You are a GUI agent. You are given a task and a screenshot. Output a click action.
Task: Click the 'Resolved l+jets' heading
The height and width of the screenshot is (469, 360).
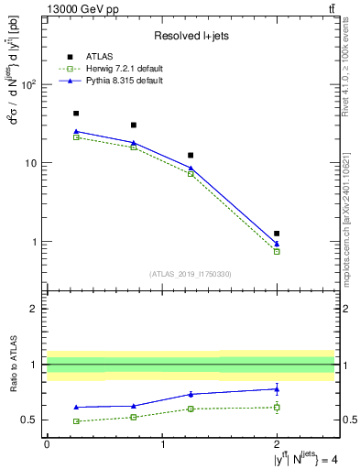point(191,36)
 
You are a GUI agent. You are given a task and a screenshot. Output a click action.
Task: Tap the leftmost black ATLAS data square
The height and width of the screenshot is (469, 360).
point(76,114)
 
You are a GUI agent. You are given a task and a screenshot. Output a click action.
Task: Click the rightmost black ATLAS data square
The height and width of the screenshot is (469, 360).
point(277,234)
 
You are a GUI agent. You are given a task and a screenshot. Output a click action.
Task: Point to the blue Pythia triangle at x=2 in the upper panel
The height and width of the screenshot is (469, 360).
point(277,244)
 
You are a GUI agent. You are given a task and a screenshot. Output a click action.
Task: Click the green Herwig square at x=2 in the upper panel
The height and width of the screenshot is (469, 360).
point(277,251)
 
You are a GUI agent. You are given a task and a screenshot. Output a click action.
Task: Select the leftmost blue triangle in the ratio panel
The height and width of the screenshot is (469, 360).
point(76,407)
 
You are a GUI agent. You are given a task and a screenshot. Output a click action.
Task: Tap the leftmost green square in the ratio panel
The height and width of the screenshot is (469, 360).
point(76,421)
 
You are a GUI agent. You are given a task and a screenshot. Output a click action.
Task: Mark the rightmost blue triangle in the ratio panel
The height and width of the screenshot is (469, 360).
point(277,388)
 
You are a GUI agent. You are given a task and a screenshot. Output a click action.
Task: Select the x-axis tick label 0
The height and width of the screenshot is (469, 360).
point(47,444)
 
